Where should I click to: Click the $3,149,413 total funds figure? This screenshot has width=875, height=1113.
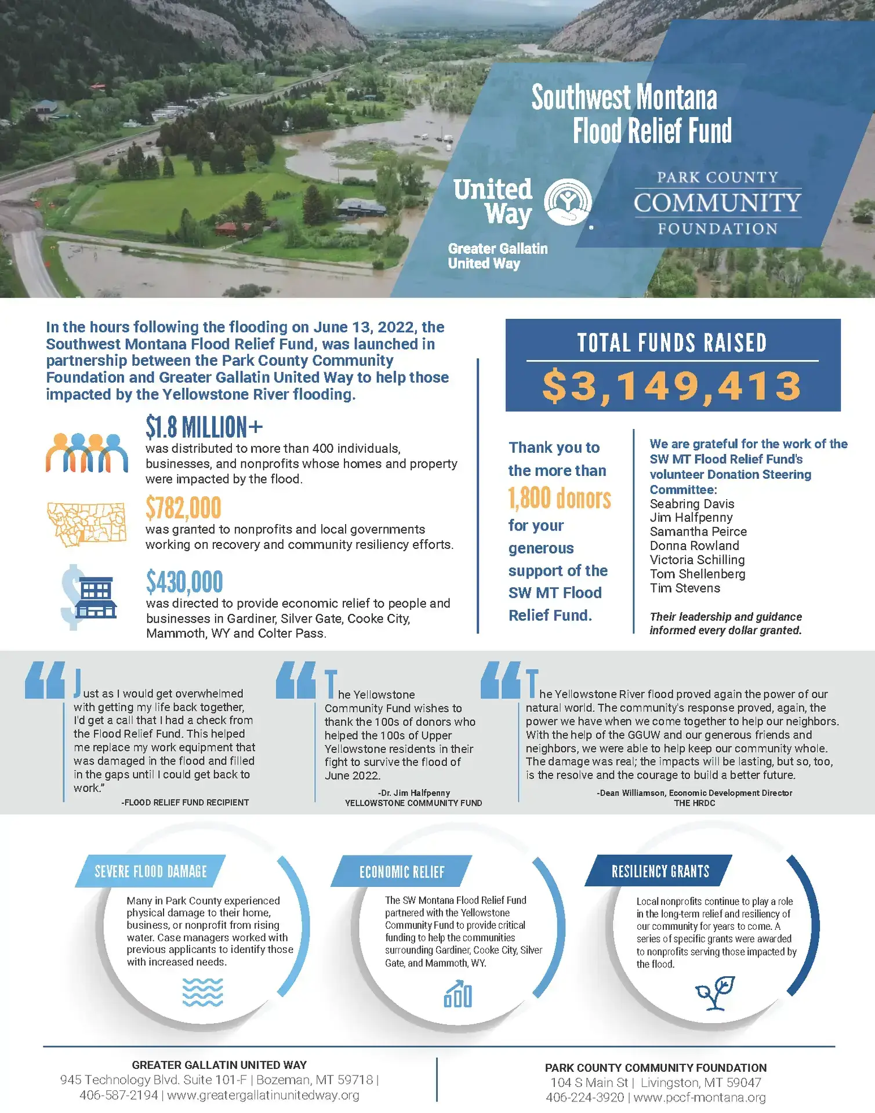pyautogui.click(x=672, y=387)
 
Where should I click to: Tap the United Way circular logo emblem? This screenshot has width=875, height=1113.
pyautogui.click(x=567, y=202)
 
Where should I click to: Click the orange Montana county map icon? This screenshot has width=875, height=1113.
pyautogui.click(x=86, y=524)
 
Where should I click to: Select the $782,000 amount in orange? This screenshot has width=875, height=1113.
pyautogui.click(x=183, y=508)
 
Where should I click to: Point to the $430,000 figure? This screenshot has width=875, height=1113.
pyautogui.click(x=184, y=582)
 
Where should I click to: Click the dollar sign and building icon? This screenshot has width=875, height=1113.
pyautogui.click(x=89, y=596)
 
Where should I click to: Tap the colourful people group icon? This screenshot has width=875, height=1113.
pyautogui.click(x=87, y=452)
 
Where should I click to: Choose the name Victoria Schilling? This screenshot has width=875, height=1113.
pyautogui.click(x=697, y=560)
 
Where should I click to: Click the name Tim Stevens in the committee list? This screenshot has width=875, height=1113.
pyautogui.click(x=685, y=588)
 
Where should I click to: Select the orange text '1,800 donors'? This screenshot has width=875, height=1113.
pyautogui.click(x=560, y=499)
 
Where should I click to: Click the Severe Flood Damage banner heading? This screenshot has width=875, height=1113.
pyautogui.click(x=150, y=871)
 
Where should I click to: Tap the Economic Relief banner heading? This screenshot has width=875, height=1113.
pyautogui.click(x=402, y=872)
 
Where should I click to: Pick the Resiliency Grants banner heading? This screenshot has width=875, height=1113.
pyautogui.click(x=660, y=871)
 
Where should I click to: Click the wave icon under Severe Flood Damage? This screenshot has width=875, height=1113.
pyautogui.click(x=202, y=992)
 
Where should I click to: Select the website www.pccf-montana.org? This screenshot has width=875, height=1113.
pyautogui.click(x=700, y=1097)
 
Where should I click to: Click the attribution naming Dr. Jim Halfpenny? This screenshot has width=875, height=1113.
pyautogui.click(x=413, y=792)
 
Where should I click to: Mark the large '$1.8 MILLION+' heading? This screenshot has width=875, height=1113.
pyautogui.click(x=204, y=428)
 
